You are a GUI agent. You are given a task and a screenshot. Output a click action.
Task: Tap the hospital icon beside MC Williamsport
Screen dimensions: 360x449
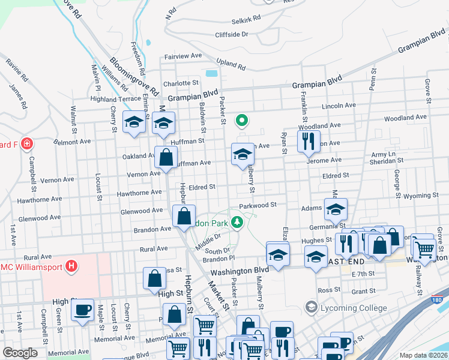coord(71,265)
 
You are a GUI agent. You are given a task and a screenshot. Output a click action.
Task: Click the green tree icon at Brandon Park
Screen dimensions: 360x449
coord(238,223)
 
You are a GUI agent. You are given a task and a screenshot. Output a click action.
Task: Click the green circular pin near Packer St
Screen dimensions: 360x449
coord(242,121)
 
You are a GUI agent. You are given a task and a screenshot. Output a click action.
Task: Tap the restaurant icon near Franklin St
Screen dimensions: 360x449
coord(306,142)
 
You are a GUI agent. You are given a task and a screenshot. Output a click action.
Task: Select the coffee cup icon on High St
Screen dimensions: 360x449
coord(82,310)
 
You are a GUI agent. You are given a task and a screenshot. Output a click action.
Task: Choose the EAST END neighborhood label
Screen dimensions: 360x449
coord(344,262)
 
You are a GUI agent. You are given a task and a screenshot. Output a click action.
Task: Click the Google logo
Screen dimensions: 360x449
coord(20,353)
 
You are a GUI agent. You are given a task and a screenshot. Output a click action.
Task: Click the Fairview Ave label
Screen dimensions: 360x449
coord(183,56)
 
